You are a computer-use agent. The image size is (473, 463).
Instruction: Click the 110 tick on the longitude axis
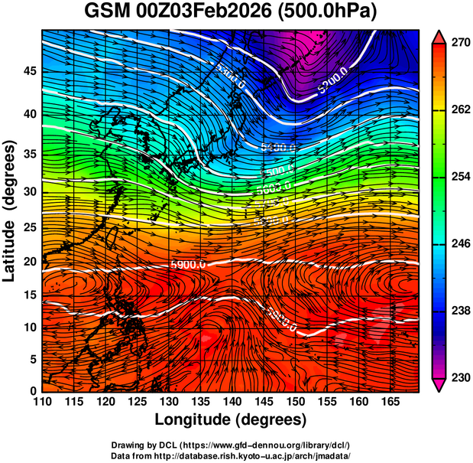point(42,401)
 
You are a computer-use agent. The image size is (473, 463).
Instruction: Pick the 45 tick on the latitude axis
point(29,72)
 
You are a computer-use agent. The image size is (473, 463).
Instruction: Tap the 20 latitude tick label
point(29,262)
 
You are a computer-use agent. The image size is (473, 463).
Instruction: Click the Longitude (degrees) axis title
point(231,419)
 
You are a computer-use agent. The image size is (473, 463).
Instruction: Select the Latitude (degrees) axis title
point(11,210)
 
